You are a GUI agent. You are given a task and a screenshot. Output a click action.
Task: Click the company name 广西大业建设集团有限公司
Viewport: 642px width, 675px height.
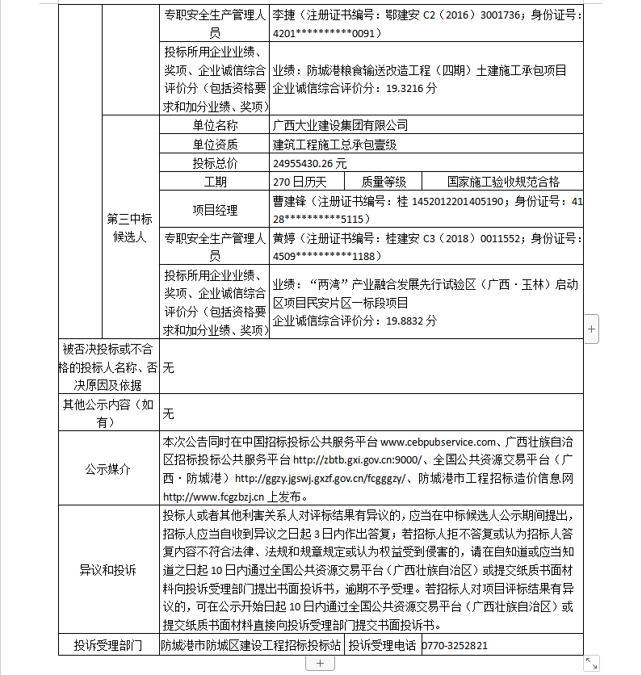coord(340,125)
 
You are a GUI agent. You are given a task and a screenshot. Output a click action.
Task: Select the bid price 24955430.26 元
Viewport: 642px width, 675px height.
coord(309,162)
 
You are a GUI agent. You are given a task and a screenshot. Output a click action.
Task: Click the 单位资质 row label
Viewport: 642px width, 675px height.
coord(215,144)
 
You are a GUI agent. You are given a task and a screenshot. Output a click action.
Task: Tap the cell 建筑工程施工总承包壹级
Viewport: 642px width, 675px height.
coord(334,144)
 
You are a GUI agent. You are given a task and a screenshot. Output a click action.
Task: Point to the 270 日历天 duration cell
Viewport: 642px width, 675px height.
coord(300,182)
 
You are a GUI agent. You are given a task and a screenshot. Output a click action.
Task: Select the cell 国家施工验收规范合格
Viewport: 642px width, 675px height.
coord(503,182)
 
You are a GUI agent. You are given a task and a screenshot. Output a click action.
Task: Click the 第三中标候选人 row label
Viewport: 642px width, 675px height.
coord(129,227)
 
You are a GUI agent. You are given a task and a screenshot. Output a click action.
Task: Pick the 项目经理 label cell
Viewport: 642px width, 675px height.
coord(215,210)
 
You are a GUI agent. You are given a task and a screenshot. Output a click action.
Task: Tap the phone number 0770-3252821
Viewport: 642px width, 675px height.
coord(455,645)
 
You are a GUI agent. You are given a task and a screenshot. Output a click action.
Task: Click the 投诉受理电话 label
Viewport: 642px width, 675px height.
coord(383,645)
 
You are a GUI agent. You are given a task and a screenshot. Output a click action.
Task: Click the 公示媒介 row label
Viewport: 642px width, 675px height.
coord(108,469)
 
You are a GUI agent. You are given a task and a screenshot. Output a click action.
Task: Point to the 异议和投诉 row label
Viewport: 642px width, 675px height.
coord(108,570)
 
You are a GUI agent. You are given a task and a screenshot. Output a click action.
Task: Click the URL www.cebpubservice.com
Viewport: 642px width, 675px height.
coord(437,442)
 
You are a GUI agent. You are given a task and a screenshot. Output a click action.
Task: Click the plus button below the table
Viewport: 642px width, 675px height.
coord(320,663)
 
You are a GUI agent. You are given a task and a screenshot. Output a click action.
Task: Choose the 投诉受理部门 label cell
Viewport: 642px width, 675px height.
coord(108,645)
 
